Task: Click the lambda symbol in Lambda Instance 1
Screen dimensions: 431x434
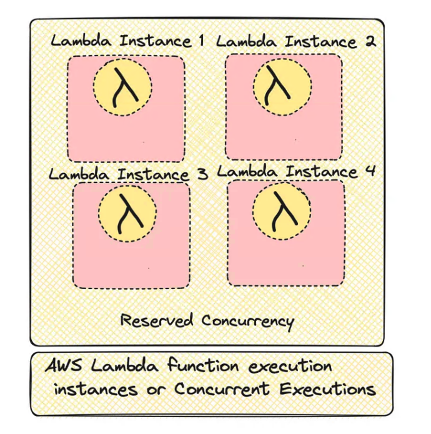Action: click(124, 88)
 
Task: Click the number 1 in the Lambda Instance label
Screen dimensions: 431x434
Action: click(201, 41)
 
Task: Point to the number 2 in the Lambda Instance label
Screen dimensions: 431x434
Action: click(370, 42)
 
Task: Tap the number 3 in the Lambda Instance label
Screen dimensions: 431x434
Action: click(202, 174)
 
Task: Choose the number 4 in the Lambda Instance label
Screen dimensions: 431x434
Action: click(370, 170)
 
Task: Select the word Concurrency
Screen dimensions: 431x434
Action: click(247, 321)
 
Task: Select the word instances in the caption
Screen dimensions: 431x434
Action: click(96, 390)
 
